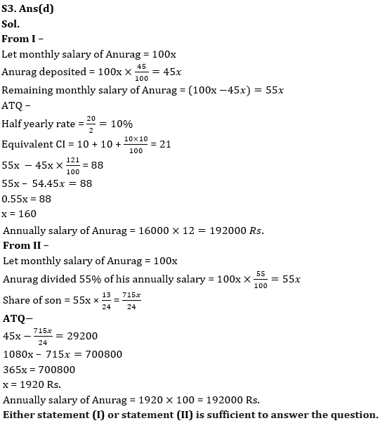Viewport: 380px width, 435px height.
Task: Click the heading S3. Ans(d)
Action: (27, 9)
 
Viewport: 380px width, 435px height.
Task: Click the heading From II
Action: (25, 245)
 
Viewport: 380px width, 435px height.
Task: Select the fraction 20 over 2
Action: (91, 124)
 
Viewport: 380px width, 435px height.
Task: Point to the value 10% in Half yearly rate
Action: (119, 124)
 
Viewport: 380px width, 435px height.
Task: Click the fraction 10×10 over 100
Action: (136, 144)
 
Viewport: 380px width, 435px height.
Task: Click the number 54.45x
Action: (47, 183)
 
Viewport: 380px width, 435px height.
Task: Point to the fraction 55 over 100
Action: (261, 279)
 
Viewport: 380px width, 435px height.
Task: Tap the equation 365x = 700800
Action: (39, 370)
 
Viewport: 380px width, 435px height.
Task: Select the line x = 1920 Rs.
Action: (32, 384)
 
